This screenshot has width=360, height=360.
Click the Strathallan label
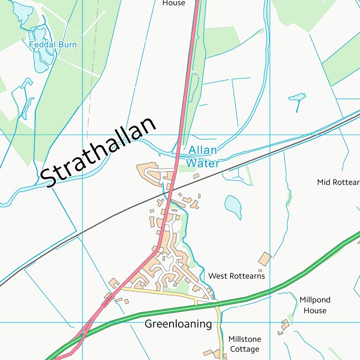(98, 152)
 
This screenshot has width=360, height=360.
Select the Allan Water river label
(202, 157)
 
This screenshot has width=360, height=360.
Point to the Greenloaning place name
(178, 324)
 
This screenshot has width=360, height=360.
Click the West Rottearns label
(236, 276)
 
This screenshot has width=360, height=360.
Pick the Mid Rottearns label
(338, 182)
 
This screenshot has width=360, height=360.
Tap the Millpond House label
(315, 305)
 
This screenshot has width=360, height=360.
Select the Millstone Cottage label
(244, 344)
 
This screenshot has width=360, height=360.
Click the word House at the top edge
(173, 3)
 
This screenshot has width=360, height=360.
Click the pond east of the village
(233, 205)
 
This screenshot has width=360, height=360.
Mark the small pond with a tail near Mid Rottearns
(297, 98)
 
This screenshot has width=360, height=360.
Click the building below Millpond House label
(285, 324)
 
